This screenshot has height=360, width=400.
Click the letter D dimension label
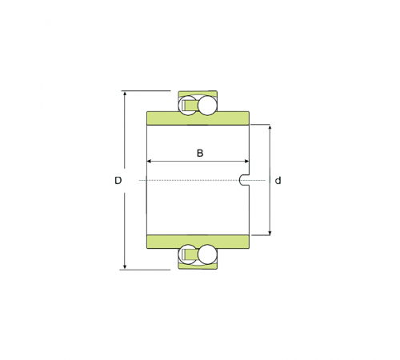pos(118,181)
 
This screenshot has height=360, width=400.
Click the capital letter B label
pos(200,153)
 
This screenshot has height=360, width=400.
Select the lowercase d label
pos(278,181)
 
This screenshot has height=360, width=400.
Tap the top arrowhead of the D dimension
pos(125,94)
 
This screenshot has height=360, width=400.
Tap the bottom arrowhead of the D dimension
pos(125,266)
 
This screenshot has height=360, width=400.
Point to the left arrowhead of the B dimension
pos(150,161)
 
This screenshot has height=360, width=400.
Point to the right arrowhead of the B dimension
pos(246,161)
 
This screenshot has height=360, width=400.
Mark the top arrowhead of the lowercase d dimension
pos(270,127)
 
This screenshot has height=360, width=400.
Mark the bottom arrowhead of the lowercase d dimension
pos(270,233)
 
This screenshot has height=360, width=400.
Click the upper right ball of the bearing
pos(207,106)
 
